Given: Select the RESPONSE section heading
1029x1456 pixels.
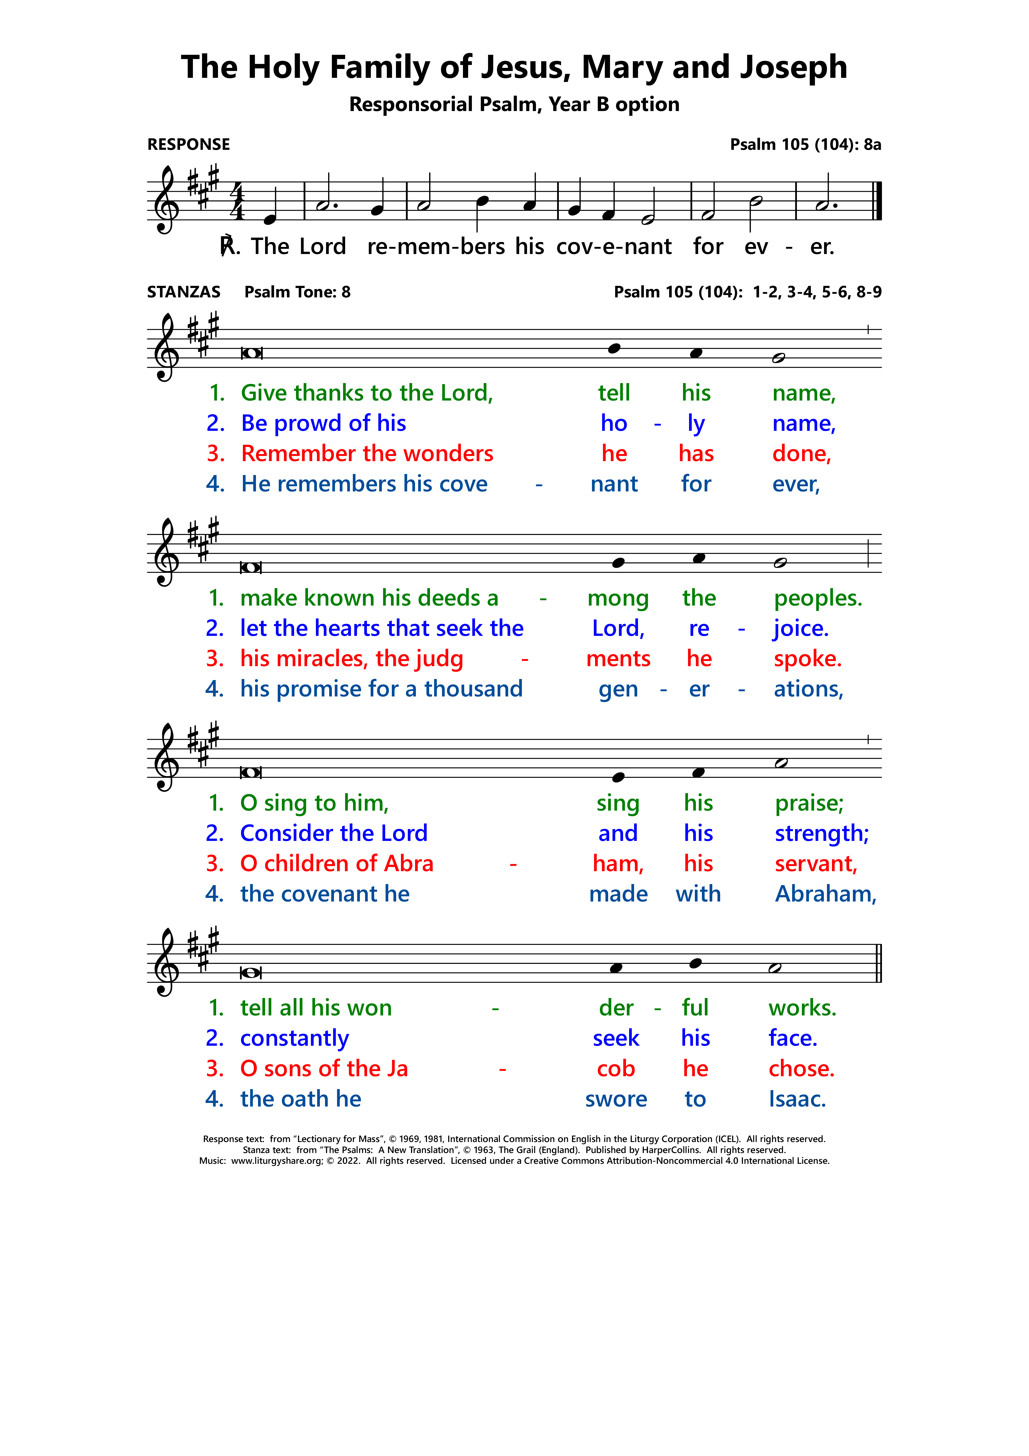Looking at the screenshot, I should click(188, 145).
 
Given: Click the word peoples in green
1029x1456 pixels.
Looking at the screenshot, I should click(817, 598).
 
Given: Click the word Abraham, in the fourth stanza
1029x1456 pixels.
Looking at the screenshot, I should click(826, 894).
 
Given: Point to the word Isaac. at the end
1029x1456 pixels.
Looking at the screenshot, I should click(797, 1099).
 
